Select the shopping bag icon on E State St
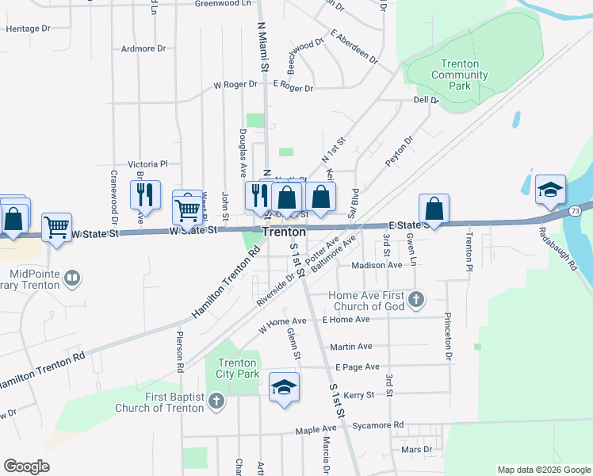point(434,209)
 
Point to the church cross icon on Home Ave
point(417,300)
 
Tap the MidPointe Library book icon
point(72,278)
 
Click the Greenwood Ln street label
point(217,4)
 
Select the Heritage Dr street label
point(28,29)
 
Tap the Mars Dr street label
point(416,449)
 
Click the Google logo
point(26,466)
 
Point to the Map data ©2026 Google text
point(544,470)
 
